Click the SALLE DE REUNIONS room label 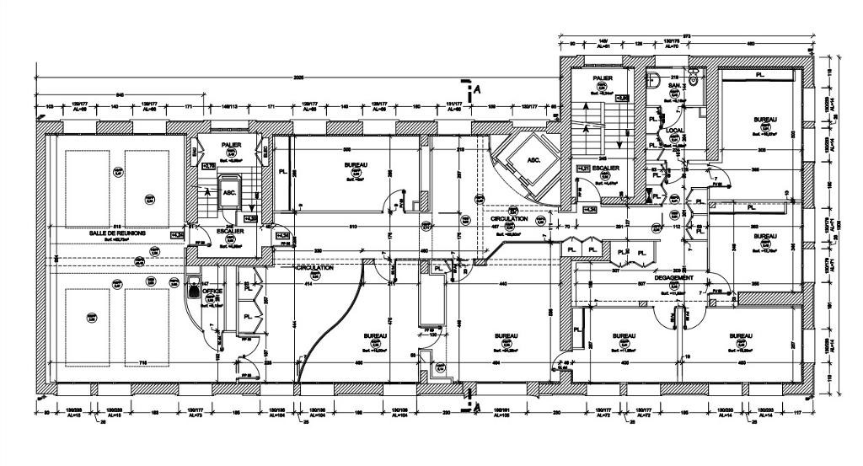click(x=117, y=232)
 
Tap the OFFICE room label click(x=212, y=289)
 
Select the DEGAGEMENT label click(x=673, y=277)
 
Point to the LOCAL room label click(x=674, y=131)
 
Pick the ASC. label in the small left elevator click(x=228, y=192)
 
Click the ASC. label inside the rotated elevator click(x=533, y=159)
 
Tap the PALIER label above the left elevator click(x=232, y=145)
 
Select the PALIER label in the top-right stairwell click(x=601, y=78)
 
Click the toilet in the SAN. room click(x=694, y=78)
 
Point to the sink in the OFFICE click(x=194, y=290)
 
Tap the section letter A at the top click(x=477, y=88)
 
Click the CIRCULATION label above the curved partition click(x=315, y=267)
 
